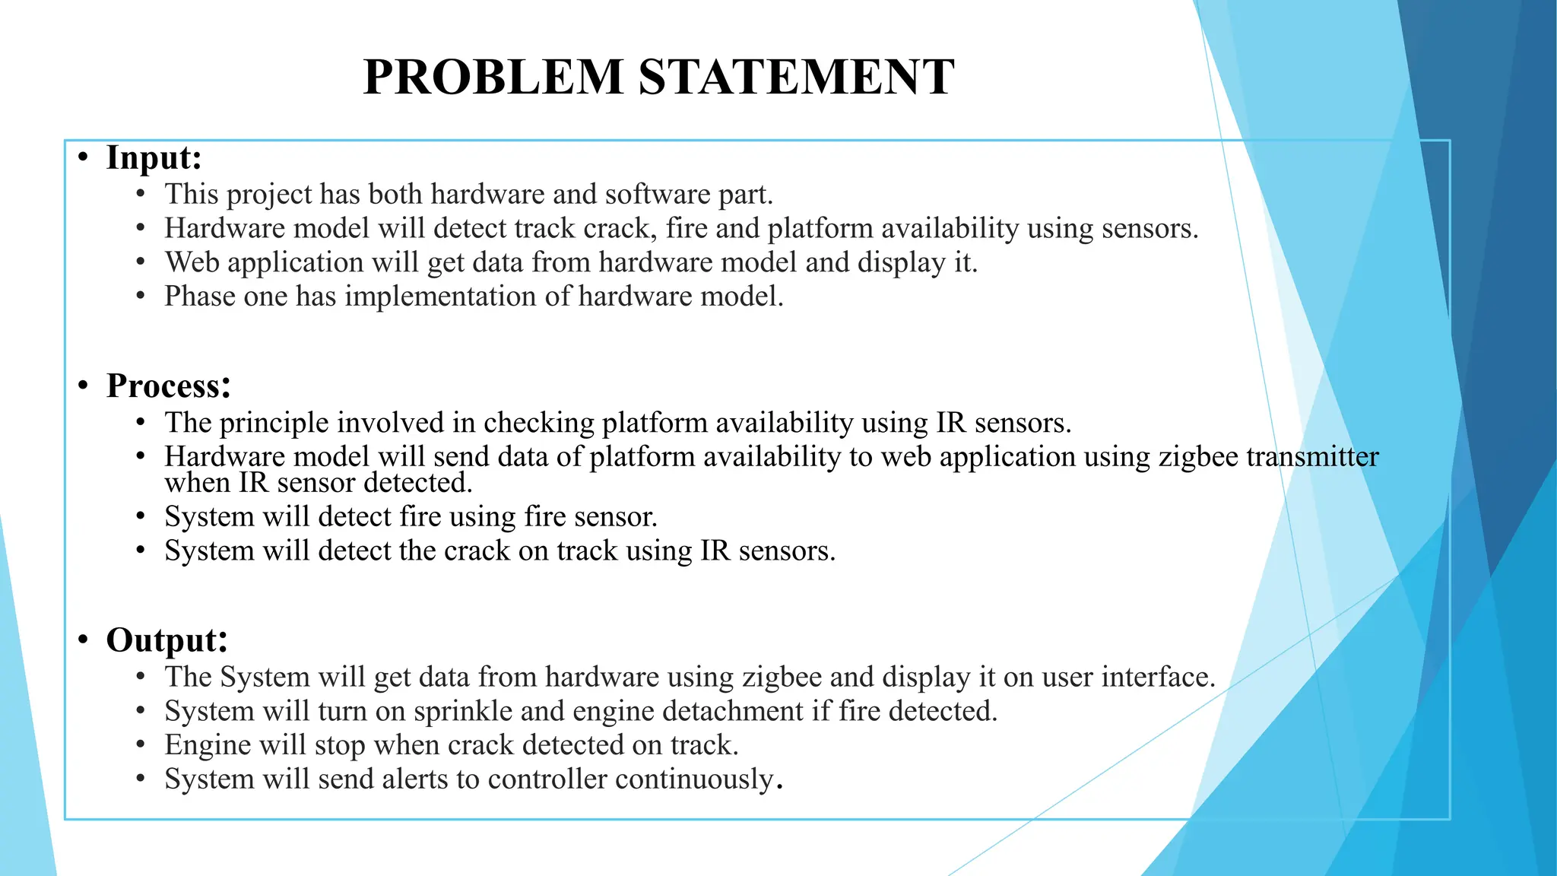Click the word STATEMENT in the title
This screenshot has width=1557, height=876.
click(x=796, y=77)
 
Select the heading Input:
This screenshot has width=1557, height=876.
click(x=154, y=157)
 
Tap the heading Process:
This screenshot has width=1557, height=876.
click(x=168, y=386)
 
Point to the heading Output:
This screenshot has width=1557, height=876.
click(x=166, y=640)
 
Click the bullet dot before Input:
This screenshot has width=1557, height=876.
click(x=84, y=158)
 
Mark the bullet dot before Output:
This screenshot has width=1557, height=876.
click(x=84, y=640)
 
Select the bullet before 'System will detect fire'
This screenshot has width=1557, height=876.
click(x=141, y=516)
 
